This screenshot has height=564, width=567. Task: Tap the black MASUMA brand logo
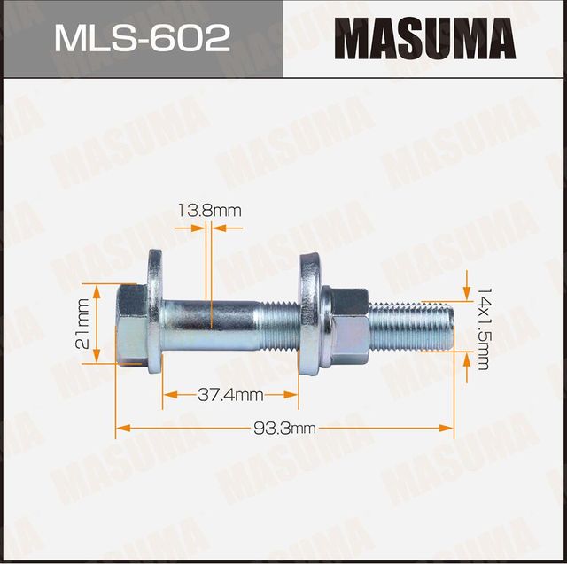coord(424,39)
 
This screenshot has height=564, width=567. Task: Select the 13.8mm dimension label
coord(209,211)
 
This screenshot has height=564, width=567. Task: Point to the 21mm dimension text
coord(82,323)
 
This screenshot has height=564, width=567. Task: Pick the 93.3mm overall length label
coord(284,429)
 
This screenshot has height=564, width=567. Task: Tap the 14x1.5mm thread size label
coord(483,328)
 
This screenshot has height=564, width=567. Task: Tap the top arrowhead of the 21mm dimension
coord(97,290)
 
